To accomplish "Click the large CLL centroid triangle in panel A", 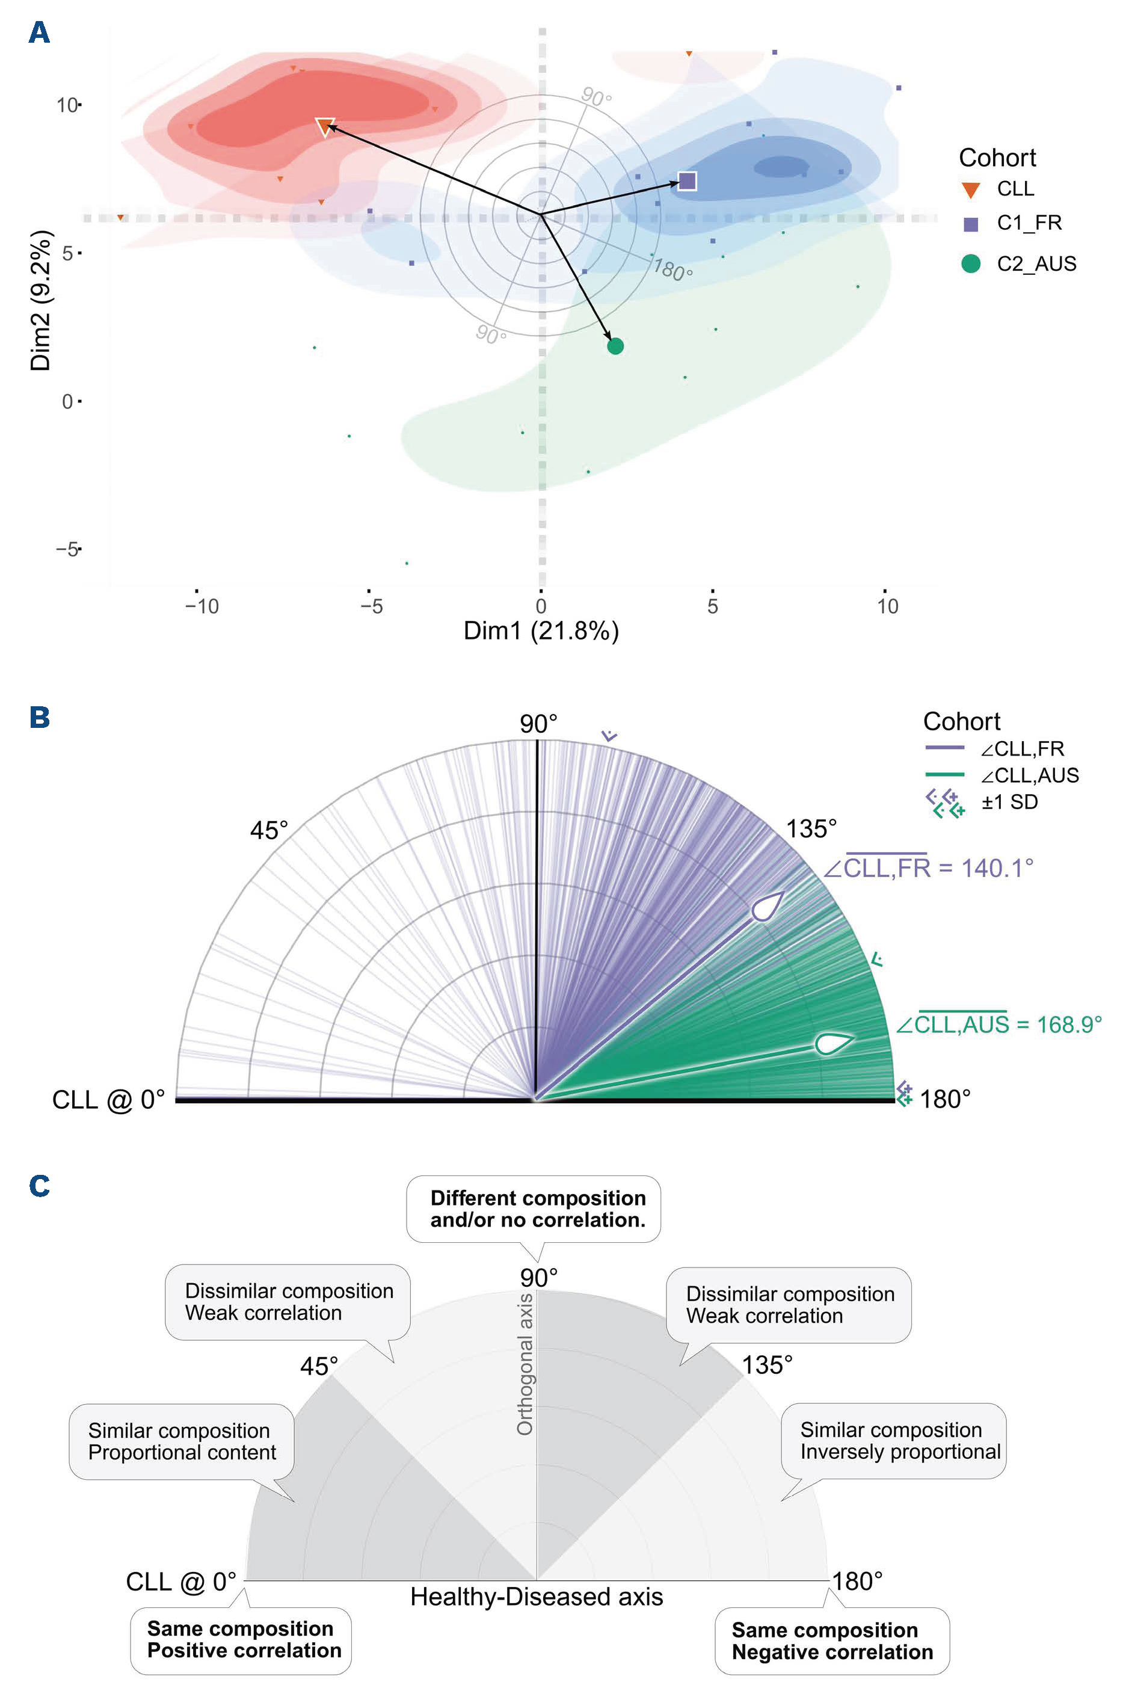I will (x=325, y=126).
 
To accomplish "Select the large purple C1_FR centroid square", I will (x=688, y=181).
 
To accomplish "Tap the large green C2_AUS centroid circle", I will (x=615, y=346).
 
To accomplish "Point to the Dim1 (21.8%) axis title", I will (x=541, y=630).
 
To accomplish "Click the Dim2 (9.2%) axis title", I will (x=41, y=300).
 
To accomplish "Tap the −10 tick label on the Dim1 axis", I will (x=201, y=607).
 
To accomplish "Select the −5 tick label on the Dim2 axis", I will (x=67, y=549).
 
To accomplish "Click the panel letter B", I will (x=40, y=717).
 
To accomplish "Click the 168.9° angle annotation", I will (x=998, y=1024).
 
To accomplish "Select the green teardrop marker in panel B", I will (x=833, y=1043).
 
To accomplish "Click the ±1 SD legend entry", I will (x=1009, y=802).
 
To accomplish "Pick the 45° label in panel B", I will (x=269, y=831).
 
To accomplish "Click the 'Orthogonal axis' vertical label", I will (x=525, y=1364).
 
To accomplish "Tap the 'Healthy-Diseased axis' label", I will (x=537, y=1596).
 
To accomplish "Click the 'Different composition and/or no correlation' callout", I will (x=537, y=1209).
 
